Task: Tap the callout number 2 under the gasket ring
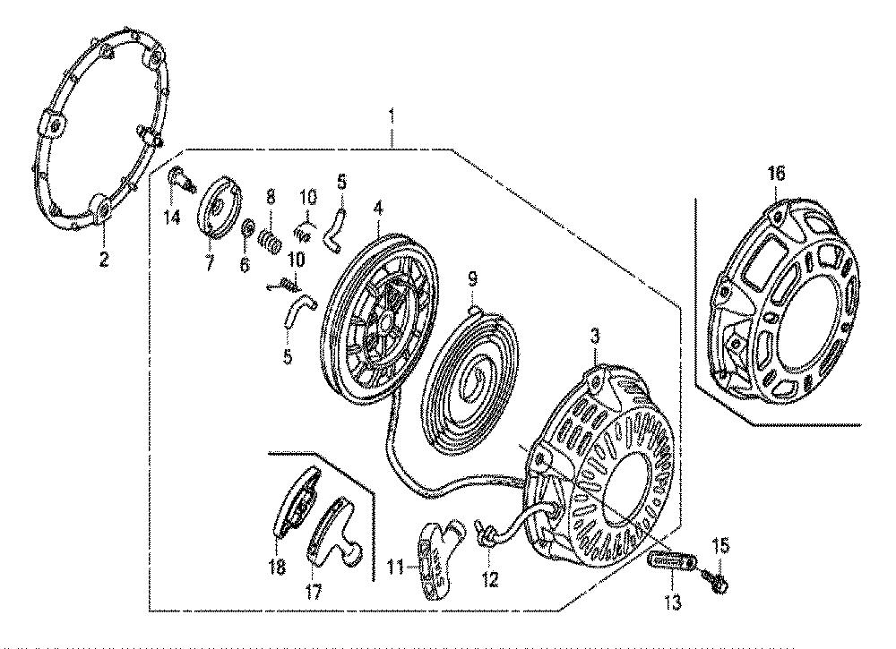point(103,260)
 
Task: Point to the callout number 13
point(674,602)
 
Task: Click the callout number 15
point(721,546)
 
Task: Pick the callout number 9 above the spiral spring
point(472,279)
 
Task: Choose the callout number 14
point(172,217)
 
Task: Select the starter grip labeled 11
point(436,556)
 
